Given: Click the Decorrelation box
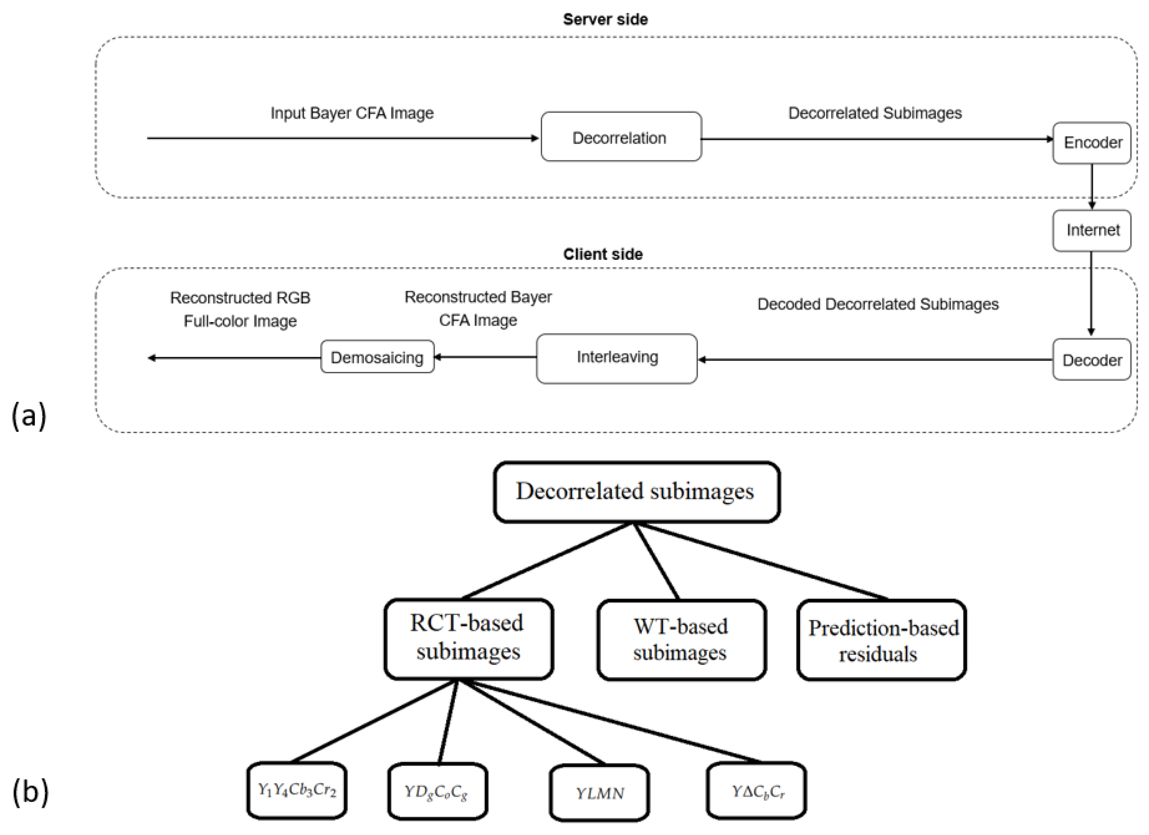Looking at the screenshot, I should pyautogui.click(x=621, y=137).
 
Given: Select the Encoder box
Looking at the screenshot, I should pyautogui.click(x=1091, y=143).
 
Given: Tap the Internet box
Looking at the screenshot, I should pyautogui.click(x=1091, y=231).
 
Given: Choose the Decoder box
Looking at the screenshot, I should pyautogui.click(x=1091, y=360).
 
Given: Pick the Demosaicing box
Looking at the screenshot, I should pyautogui.click(x=377, y=357).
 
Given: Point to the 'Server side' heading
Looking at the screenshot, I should pyautogui.click(x=606, y=19).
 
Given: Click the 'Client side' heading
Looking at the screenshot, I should pyautogui.click(x=603, y=254).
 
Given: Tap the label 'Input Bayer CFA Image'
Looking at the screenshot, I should pyautogui.click(x=352, y=113).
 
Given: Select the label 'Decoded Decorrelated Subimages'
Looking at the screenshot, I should pyautogui.click(x=878, y=304).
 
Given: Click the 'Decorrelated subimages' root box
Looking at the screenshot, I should pyautogui.click(x=636, y=491).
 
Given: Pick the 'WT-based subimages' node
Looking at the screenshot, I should pyautogui.click(x=681, y=639).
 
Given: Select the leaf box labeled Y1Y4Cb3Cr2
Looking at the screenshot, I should pyautogui.click(x=297, y=790).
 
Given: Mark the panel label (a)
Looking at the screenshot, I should pyautogui.click(x=29, y=416).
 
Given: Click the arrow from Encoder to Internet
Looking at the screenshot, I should pyautogui.click(x=1092, y=186).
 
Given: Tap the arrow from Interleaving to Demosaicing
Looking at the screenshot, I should pyautogui.click(x=485, y=357).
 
